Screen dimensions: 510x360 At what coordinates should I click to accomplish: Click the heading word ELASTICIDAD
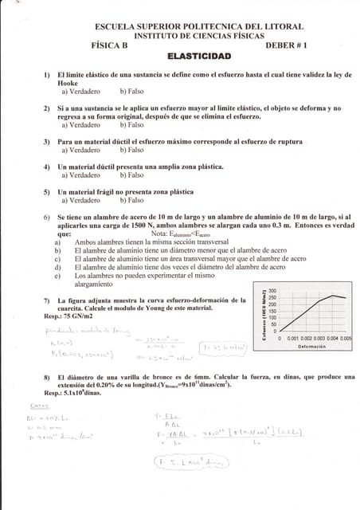[x=199, y=57]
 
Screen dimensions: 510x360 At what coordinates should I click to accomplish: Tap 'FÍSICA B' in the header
[x=113, y=45]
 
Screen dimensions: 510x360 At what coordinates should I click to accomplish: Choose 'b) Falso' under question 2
[x=132, y=124]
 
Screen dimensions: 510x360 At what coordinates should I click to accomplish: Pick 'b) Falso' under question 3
[x=132, y=150]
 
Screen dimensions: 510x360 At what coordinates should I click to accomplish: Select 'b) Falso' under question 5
[x=132, y=200]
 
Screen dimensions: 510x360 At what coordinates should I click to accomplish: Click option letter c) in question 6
[x=57, y=258]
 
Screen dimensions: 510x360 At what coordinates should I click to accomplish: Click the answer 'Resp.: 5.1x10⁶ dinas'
[x=77, y=392]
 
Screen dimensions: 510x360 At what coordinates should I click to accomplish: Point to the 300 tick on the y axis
[x=272, y=291]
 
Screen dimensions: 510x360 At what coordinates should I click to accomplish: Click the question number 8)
[x=48, y=376]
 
